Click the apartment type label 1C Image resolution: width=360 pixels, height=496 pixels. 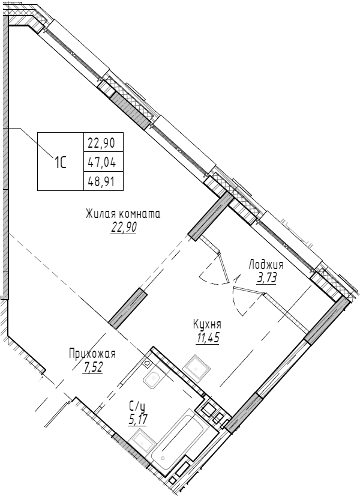pyautogui.click(x=61, y=162)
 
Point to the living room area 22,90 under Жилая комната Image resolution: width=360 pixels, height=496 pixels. pyautogui.click(x=124, y=228)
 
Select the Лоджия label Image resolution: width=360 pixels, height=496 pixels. pyautogui.click(x=266, y=264)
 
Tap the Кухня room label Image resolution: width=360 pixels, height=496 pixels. pyautogui.click(x=207, y=323)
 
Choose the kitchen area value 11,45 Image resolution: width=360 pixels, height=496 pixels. pyautogui.click(x=207, y=337)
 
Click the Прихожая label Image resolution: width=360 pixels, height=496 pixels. pyautogui.click(x=92, y=353)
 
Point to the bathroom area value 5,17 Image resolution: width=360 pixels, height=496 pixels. pyautogui.click(x=137, y=418)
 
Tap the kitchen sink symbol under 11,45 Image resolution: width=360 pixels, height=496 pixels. pyautogui.click(x=196, y=366)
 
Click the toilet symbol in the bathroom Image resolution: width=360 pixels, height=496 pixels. pyautogui.click(x=151, y=379)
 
